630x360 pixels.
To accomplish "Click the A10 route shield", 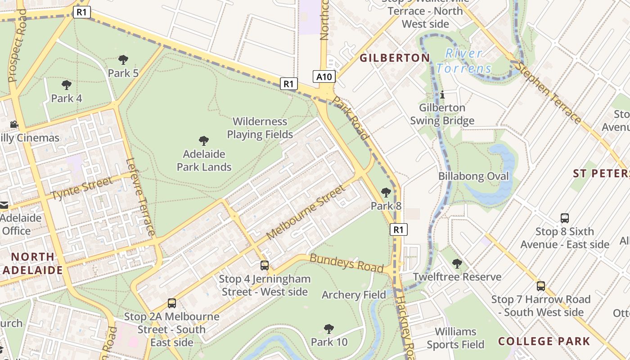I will [324, 76].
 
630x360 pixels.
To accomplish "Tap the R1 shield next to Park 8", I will [398, 229].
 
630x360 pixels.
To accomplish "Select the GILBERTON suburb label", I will [395, 58].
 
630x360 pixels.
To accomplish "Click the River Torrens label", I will [463, 61].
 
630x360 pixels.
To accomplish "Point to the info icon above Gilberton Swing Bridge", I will [442, 94].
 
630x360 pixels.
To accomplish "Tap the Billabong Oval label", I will [473, 176].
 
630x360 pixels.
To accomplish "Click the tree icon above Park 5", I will [123, 59].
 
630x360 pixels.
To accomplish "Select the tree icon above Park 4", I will [67, 85].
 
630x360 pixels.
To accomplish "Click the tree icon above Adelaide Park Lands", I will [204, 141].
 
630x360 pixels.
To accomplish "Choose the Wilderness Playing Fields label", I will [260, 128].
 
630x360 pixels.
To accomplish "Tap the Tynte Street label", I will [81, 189].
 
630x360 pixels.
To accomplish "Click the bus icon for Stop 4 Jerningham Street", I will [265, 265].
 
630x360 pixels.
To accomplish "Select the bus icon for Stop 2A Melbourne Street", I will [172, 303].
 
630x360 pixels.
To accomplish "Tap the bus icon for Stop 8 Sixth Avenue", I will [565, 218].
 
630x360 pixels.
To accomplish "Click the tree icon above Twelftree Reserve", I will [457, 263].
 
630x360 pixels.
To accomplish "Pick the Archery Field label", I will [354, 295].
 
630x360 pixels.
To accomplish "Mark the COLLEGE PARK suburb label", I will [544, 341].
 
